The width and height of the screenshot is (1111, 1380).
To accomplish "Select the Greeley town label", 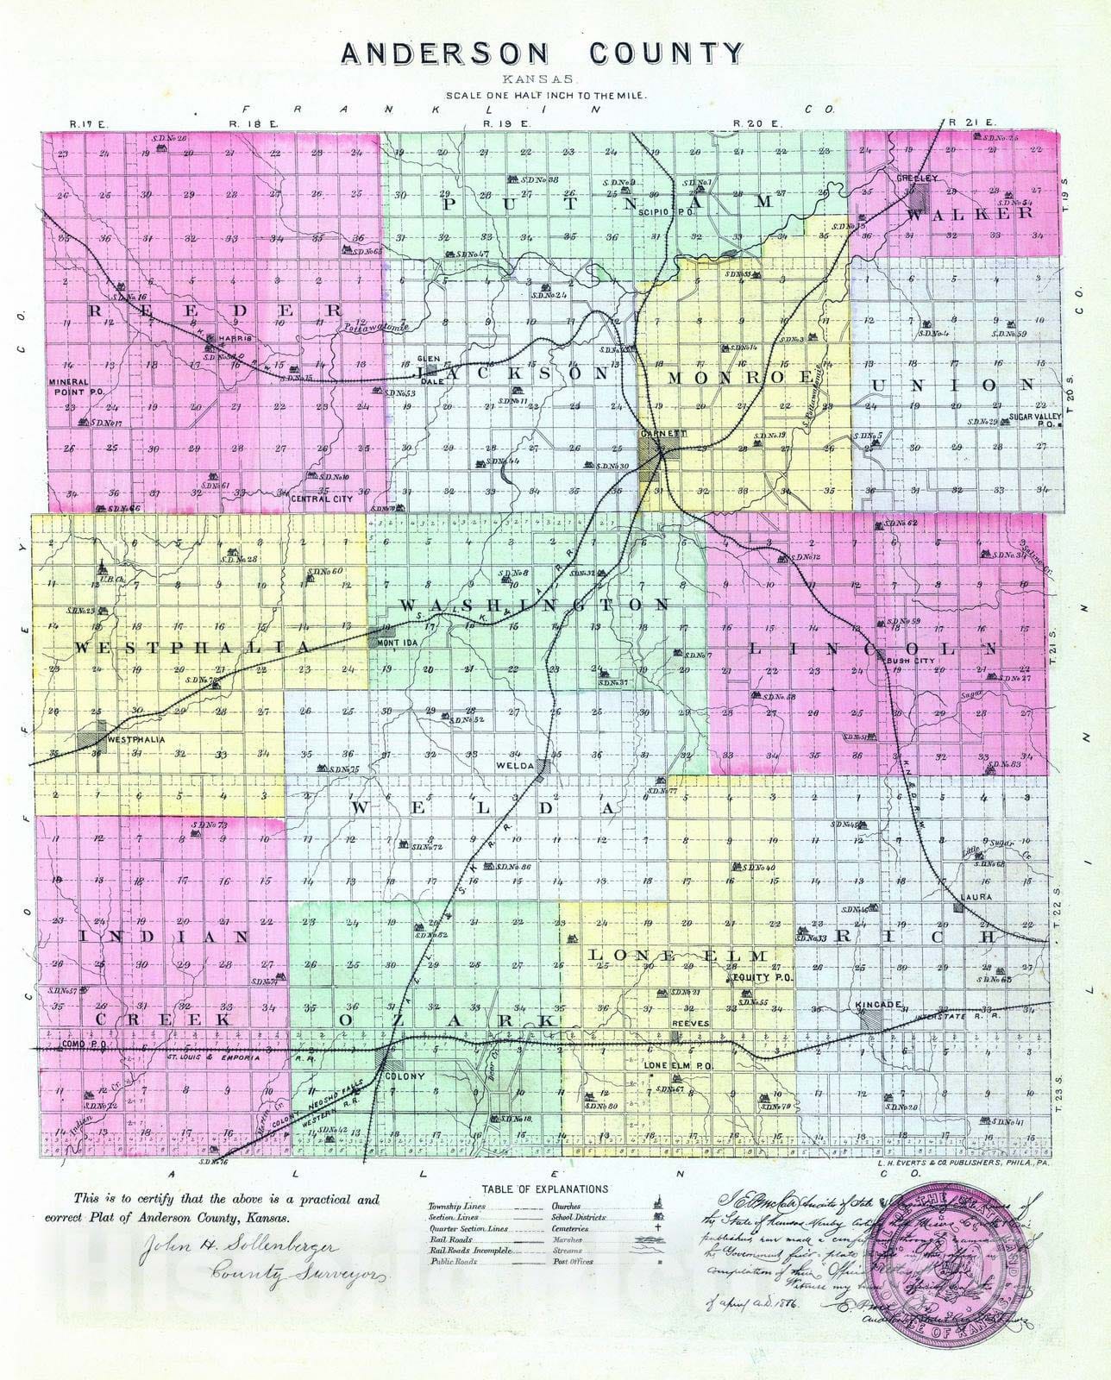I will pyautogui.click(x=911, y=178).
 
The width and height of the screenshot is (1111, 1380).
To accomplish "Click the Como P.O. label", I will pyautogui.click(x=77, y=1044).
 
